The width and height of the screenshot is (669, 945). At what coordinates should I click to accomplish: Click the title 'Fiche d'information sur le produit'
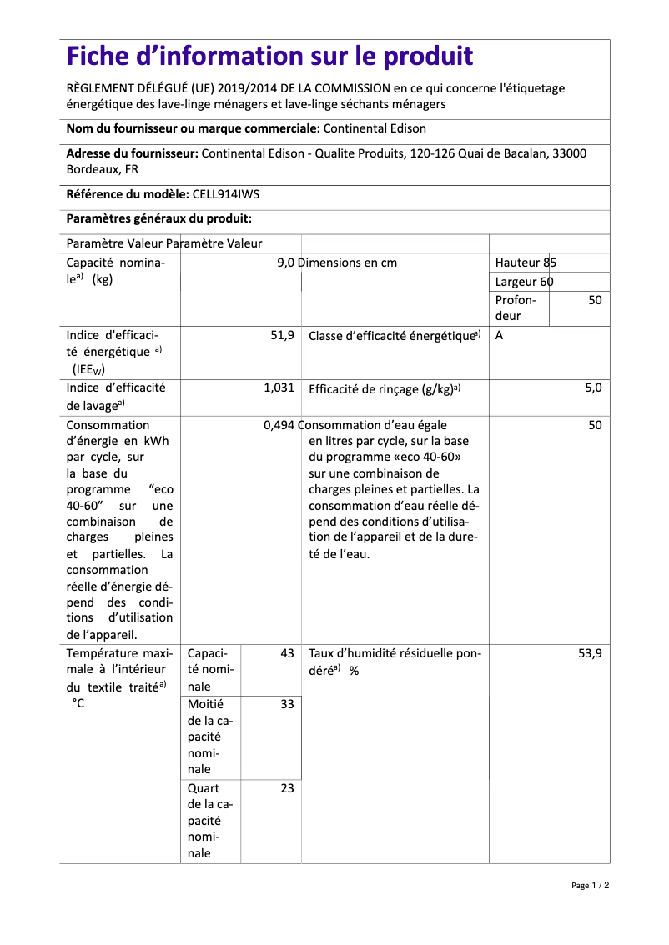pyautogui.click(x=269, y=57)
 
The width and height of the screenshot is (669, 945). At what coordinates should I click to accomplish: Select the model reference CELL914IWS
pyautogui.click(x=226, y=194)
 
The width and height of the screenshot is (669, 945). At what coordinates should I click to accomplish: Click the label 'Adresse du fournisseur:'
pyautogui.click(x=132, y=153)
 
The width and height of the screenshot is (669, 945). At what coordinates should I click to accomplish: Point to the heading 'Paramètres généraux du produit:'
pyautogui.click(x=158, y=218)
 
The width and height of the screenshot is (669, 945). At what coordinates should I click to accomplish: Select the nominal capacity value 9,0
pyautogui.click(x=285, y=262)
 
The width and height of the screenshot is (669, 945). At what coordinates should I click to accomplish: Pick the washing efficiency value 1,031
pyautogui.click(x=279, y=387)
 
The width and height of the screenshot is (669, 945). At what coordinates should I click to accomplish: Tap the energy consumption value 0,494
pyautogui.click(x=279, y=425)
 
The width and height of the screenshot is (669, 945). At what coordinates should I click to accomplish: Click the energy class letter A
pyautogui.click(x=499, y=335)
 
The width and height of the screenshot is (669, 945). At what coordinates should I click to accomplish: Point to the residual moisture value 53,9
pyautogui.click(x=590, y=654)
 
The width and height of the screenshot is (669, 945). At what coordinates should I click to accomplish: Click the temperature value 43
pyautogui.click(x=287, y=654)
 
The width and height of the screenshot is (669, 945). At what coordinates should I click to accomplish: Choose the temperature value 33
pyautogui.click(x=287, y=704)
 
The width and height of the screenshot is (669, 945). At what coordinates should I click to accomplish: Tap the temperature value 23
pyautogui.click(x=287, y=788)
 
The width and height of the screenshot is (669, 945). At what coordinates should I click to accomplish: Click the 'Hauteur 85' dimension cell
pyautogui.click(x=526, y=262)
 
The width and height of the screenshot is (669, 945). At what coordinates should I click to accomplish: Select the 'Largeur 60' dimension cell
pyautogui.click(x=524, y=282)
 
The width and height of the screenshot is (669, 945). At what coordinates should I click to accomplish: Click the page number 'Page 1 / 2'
pyautogui.click(x=590, y=885)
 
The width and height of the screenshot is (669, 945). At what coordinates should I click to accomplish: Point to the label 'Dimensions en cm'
pyautogui.click(x=348, y=262)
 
